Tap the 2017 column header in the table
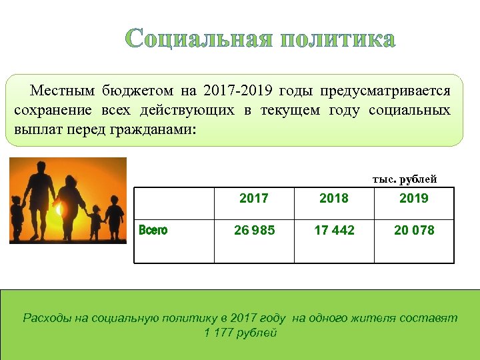[x=253, y=198]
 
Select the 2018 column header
[x=334, y=198]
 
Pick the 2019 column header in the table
[x=414, y=198]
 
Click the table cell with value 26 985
[x=253, y=231]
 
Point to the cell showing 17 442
[x=334, y=231]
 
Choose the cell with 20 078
[x=414, y=231]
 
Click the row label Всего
[x=153, y=231]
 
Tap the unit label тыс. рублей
[x=405, y=179]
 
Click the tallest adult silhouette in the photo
[x=40, y=197]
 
